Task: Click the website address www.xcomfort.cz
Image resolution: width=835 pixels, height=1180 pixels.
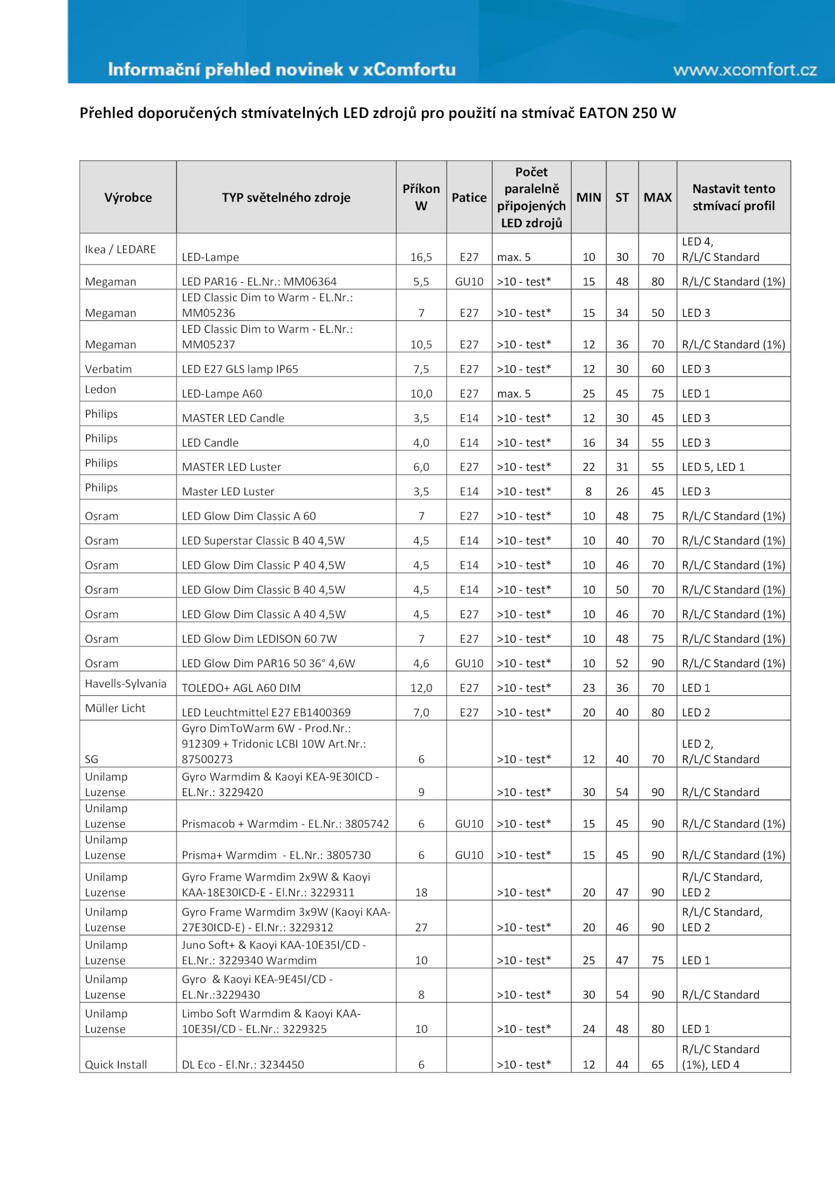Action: click(745, 70)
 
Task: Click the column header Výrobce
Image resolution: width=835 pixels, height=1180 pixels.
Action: click(128, 198)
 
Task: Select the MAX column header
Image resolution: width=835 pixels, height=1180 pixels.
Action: click(658, 198)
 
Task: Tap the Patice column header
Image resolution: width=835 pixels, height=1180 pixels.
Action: click(469, 198)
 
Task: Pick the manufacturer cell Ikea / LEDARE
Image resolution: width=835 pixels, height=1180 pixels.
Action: click(121, 249)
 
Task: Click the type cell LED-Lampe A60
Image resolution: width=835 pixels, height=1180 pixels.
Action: click(222, 394)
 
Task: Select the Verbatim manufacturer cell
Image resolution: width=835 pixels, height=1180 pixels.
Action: click(109, 369)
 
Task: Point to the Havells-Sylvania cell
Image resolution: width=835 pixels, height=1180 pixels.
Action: click(126, 684)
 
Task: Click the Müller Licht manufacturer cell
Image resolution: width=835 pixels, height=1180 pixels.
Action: click(115, 708)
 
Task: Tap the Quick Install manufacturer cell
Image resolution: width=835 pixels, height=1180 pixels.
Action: click(116, 1065)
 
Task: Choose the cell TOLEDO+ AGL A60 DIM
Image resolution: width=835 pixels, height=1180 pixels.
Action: click(241, 688)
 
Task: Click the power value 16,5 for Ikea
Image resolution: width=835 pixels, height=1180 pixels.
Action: click(421, 257)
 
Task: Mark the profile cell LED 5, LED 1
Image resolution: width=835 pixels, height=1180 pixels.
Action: click(713, 467)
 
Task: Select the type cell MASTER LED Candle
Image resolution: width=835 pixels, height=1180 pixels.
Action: click(233, 418)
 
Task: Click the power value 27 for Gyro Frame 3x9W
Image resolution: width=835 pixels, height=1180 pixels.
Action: click(421, 928)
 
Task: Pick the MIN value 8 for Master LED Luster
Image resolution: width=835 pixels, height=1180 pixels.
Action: click(589, 492)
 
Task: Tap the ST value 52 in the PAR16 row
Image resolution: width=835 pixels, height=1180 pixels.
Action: click(622, 664)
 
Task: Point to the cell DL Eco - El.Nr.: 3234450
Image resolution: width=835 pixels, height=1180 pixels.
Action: click(243, 1065)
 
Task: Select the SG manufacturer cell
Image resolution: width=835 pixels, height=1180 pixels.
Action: click(92, 760)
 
